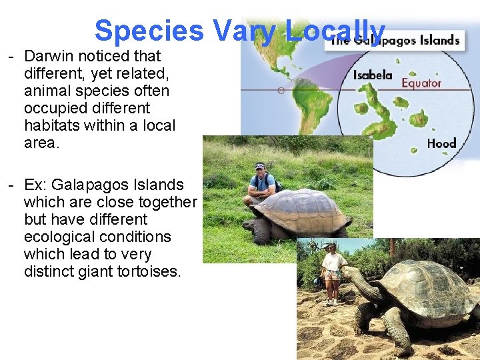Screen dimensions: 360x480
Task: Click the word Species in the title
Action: click(149, 31)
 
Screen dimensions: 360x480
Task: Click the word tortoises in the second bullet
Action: click(150, 271)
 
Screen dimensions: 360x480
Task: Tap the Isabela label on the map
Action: click(372, 75)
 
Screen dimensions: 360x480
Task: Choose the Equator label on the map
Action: click(421, 83)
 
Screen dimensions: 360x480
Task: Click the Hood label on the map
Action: click(441, 143)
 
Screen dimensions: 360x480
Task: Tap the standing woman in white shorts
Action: click(331, 273)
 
